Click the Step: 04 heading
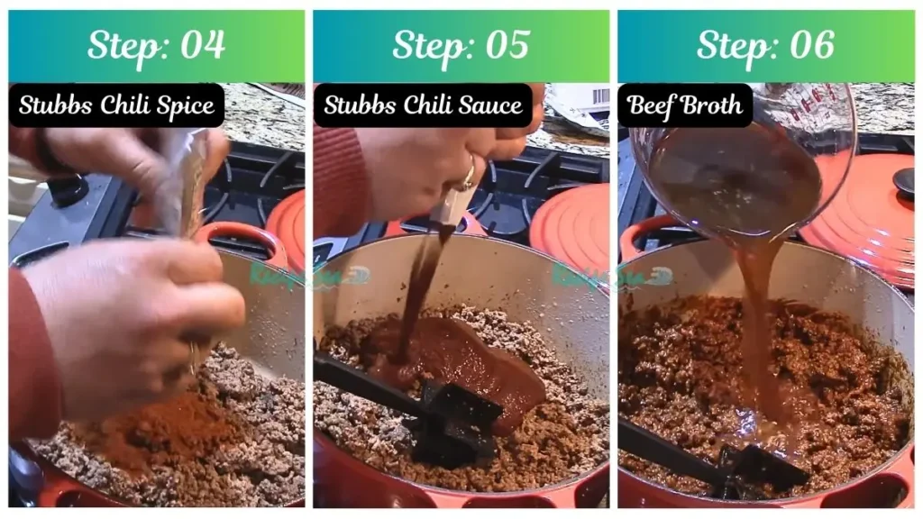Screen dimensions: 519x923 (156, 45)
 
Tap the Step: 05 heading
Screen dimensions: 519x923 (461, 45)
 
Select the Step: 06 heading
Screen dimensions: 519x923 (765, 45)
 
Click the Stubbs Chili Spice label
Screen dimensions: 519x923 (117, 105)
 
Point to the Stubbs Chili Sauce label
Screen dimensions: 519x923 (423, 105)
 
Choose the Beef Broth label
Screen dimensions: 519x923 (685, 105)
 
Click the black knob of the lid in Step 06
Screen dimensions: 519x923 (904, 179)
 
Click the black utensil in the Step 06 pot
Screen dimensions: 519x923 (721, 465)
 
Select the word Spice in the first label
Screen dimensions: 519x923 (185, 105)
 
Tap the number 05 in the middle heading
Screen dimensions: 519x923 (505, 45)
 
